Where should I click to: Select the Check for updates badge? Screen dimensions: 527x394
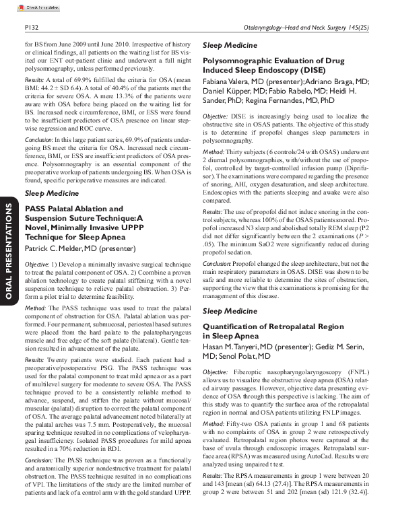(33, 7)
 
